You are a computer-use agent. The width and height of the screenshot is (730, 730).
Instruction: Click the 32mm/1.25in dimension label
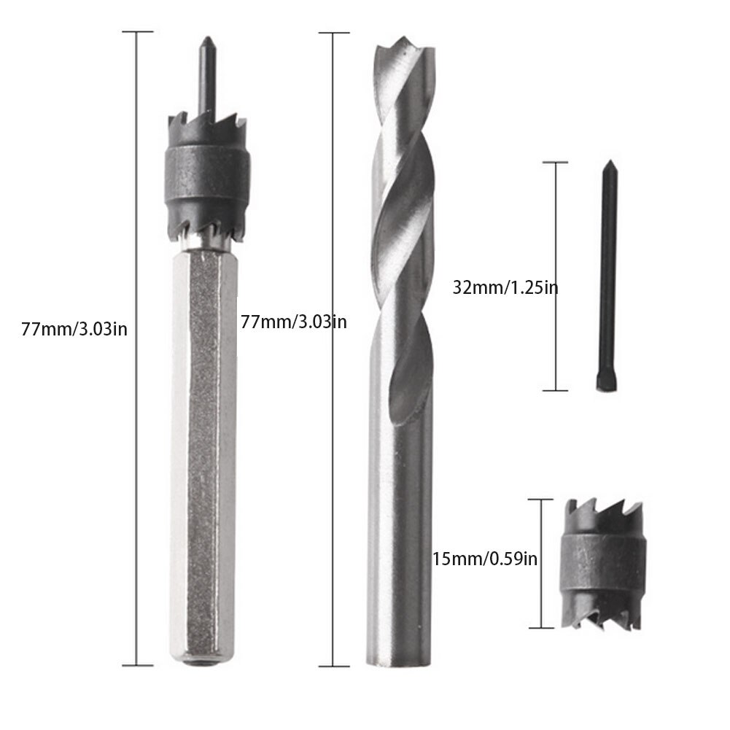[x=505, y=287]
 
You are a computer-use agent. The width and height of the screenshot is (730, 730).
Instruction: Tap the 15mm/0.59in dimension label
[x=484, y=559]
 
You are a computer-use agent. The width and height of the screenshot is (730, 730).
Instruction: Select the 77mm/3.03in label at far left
[x=75, y=328]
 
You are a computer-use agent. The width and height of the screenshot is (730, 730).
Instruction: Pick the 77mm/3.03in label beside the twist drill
[x=293, y=321]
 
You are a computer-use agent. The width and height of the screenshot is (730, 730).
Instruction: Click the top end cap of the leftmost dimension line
[x=137, y=32]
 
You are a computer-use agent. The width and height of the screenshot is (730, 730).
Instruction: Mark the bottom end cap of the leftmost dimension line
[x=137, y=664]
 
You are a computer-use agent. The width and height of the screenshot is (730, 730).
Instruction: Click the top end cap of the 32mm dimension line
[x=556, y=163]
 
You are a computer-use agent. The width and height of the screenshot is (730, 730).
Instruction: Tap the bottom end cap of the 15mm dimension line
[x=540, y=627]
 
